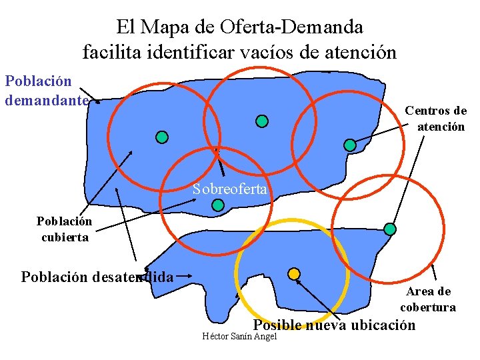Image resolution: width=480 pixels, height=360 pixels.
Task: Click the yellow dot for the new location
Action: click(x=293, y=273)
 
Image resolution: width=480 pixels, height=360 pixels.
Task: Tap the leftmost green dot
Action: click(x=161, y=137)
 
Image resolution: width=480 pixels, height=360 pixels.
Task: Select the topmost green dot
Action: click(x=262, y=121)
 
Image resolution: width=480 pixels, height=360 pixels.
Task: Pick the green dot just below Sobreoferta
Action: click(x=217, y=205)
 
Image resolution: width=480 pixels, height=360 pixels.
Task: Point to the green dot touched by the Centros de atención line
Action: click(x=349, y=145)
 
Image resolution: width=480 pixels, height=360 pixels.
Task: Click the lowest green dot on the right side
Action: click(x=390, y=229)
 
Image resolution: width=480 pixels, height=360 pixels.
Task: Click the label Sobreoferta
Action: click(x=230, y=189)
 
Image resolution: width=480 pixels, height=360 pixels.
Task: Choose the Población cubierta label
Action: click(x=64, y=229)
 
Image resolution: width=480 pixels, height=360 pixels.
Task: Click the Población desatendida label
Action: click(x=97, y=276)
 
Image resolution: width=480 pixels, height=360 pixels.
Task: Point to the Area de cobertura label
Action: click(x=428, y=299)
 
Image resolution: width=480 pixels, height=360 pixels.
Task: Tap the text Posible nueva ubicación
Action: click(x=334, y=325)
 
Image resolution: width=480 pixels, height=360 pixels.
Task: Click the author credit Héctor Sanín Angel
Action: click(x=239, y=336)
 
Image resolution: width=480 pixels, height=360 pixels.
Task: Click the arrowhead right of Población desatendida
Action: click(x=191, y=273)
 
